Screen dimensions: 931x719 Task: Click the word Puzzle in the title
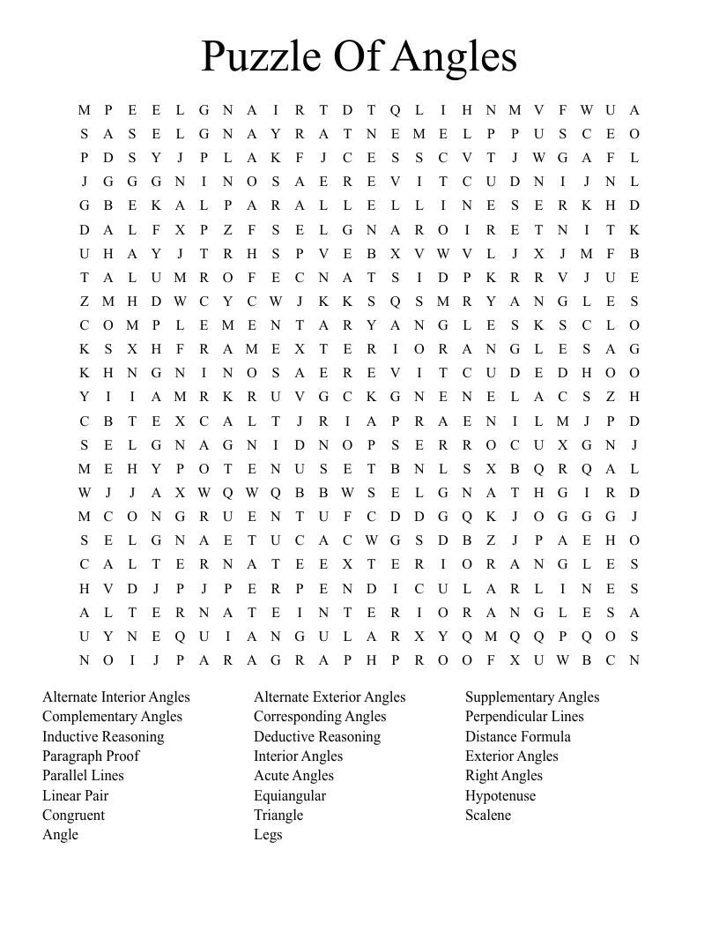pyautogui.click(x=261, y=56)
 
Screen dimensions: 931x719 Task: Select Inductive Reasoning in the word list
pyautogui.click(x=103, y=736)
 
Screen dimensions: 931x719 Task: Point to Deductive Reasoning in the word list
pyautogui.click(x=317, y=736)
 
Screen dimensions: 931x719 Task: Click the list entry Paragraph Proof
pyautogui.click(x=91, y=756)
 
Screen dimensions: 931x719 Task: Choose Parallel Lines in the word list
pyautogui.click(x=83, y=775)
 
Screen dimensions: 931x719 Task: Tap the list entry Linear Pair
pyautogui.click(x=75, y=795)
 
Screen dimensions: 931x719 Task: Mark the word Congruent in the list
pyautogui.click(x=73, y=815)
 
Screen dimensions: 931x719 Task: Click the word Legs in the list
pyautogui.click(x=268, y=834)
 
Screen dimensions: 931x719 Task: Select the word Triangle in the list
pyautogui.click(x=278, y=815)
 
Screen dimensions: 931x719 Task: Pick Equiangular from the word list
pyautogui.click(x=290, y=795)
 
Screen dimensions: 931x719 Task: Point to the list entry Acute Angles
pyautogui.click(x=293, y=775)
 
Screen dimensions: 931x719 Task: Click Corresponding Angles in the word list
pyautogui.click(x=320, y=716)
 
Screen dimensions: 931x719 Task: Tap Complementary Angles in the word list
pyautogui.click(x=112, y=716)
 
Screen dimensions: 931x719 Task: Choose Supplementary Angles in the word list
pyautogui.click(x=532, y=696)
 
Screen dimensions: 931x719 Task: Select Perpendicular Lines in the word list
pyautogui.click(x=524, y=716)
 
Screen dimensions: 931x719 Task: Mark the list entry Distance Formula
pyautogui.click(x=518, y=736)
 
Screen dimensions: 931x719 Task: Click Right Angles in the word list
pyautogui.click(x=504, y=775)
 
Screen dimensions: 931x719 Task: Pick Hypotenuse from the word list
pyautogui.click(x=500, y=795)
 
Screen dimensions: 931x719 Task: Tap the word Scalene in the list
pyautogui.click(x=488, y=815)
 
